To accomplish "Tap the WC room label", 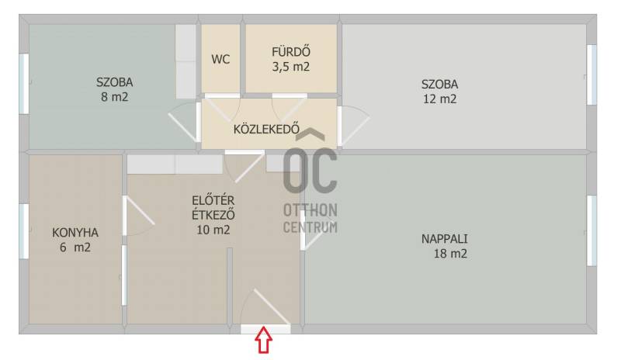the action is pyautogui.click(x=220, y=60).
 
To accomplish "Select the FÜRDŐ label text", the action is pyautogui.click(x=290, y=52).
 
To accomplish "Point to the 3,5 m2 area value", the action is pyautogui.click(x=290, y=67).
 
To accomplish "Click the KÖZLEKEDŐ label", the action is pyautogui.click(x=266, y=129).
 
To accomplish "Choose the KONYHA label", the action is pyautogui.click(x=75, y=233).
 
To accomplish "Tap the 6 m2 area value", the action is pyautogui.click(x=75, y=247).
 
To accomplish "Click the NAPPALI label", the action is pyautogui.click(x=444, y=239).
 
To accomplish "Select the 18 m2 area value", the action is pyautogui.click(x=450, y=254).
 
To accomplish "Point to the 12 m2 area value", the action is pyautogui.click(x=439, y=99).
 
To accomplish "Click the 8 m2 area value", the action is pyautogui.click(x=114, y=97).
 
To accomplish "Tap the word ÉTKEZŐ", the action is pyautogui.click(x=213, y=215).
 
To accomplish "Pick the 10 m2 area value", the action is pyautogui.click(x=213, y=230).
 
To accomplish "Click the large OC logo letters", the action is pyautogui.click(x=310, y=170).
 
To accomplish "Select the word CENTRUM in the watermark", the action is pyautogui.click(x=310, y=227).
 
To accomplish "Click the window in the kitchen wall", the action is pyautogui.click(x=24, y=231).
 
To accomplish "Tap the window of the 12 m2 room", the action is pyautogui.click(x=592, y=74).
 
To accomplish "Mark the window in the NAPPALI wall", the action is pyautogui.click(x=592, y=230).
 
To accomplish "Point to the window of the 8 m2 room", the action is pyautogui.click(x=24, y=84).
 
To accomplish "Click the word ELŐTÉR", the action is pyautogui.click(x=213, y=200).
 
